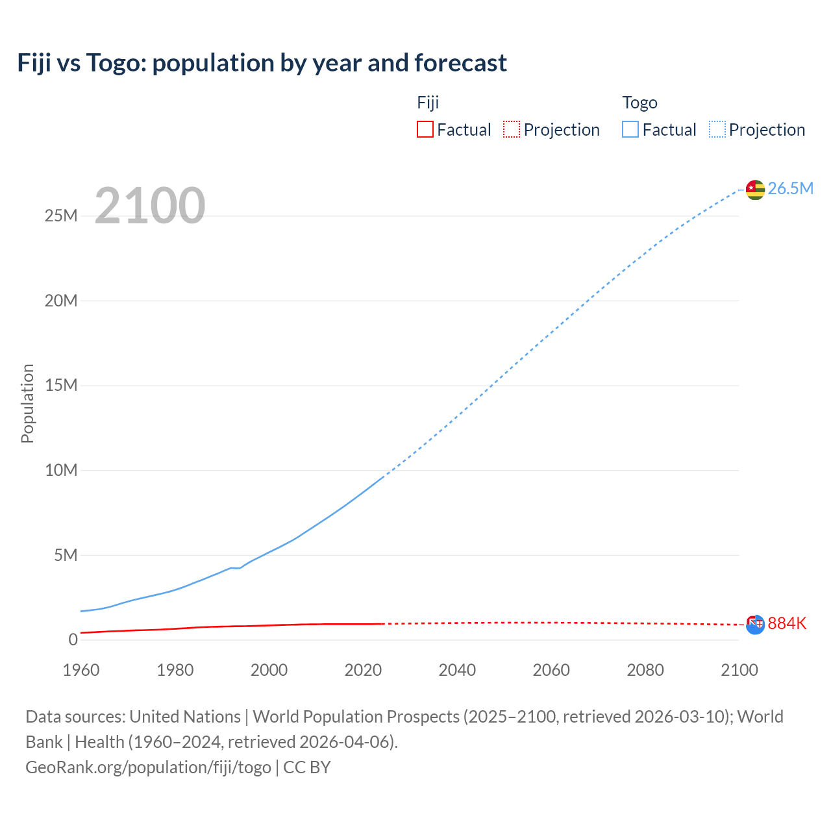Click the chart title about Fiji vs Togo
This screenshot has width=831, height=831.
tap(262, 63)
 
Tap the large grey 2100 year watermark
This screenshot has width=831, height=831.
tap(150, 206)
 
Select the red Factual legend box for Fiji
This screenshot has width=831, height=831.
tap(425, 129)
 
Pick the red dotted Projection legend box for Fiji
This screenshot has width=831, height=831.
tap(512, 129)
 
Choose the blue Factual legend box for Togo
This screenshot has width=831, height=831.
tap(630, 129)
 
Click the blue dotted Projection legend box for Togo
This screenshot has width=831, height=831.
tap(717, 129)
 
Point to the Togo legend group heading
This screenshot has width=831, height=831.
tap(639, 103)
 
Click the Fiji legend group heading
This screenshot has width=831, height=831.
tap(428, 103)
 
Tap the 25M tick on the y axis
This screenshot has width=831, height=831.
tap(61, 216)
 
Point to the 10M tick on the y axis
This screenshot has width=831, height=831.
tap(61, 470)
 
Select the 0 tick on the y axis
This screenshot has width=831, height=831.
tap(73, 639)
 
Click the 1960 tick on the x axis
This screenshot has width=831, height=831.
tap(81, 670)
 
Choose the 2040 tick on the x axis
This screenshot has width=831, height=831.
tap(457, 670)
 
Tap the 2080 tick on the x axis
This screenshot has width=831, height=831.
tap(645, 670)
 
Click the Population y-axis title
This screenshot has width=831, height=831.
tap(27, 403)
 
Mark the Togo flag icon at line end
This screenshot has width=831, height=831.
tap(755, 190)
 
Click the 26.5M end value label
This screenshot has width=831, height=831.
tap(790, 188)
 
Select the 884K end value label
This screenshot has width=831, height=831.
tap(787, 623)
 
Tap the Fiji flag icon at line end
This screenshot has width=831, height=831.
tap(755, 625)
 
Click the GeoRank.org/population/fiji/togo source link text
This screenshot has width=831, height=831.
tap(148, 767)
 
